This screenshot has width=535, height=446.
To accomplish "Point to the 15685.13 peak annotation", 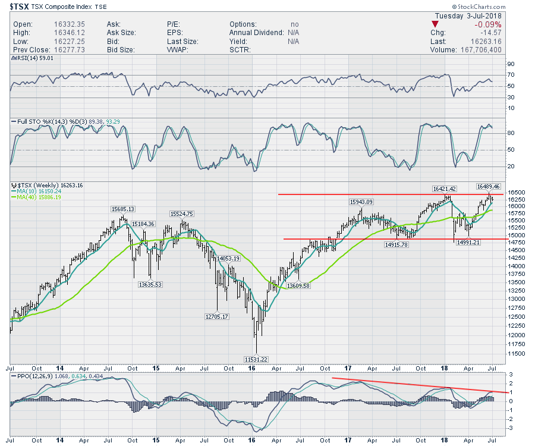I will tap(123, 209).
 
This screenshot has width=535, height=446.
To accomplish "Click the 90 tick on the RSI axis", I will tap(510, 64).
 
